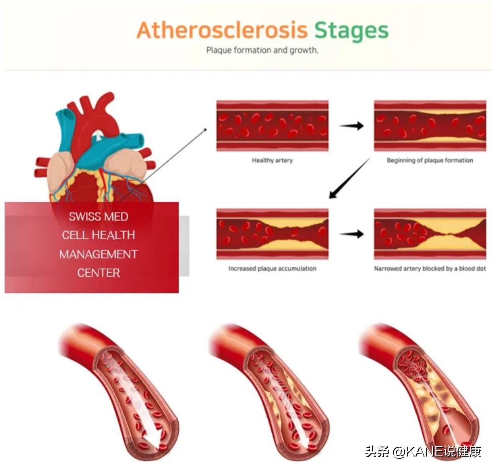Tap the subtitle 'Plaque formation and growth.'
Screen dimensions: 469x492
(262, 51)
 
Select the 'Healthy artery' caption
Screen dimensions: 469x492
(272, 160)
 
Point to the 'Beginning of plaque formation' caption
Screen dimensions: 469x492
(430, 160)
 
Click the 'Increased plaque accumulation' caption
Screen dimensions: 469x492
(272, 269)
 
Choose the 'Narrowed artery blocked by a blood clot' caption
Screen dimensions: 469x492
(430, 269)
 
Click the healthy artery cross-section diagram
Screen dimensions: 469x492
(272, 125)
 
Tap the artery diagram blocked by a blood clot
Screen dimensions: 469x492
(430, 234)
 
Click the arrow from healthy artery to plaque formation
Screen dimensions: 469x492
(351, 125)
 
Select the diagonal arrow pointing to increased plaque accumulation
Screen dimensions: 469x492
(349, 178)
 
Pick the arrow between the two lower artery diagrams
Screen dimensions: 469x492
(351, 234)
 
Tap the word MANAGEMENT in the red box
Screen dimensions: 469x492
(98, 254)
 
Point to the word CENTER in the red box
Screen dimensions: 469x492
(98, 273)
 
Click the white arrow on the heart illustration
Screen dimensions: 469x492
(98, 135)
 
